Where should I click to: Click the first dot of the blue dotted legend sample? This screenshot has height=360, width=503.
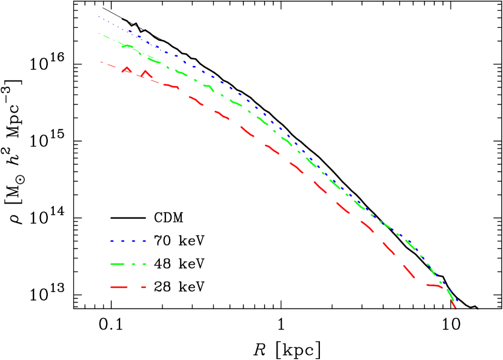pyautogui.click(x=112, y=241)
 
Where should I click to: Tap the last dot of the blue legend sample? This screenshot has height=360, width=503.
pyautogui.click(x=144, y=241)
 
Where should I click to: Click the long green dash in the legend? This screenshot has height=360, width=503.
pyautogui.click(x=118, y=264)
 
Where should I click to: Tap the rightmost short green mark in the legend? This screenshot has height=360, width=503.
pyautogui.click(x=144, y=264)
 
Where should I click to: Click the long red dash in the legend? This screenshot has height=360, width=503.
pyautogui.click(x=119, y=287)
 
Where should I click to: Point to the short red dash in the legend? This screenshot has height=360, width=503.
pyautogui.click(x=144, y=287)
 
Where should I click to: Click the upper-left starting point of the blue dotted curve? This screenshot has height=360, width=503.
pyautogui.click(x=99, y=16)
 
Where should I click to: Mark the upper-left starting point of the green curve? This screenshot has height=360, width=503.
pyautogui.click(x=99, y=33)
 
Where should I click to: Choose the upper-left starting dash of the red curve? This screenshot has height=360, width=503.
pyautogui.click(x=101, y=62)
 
